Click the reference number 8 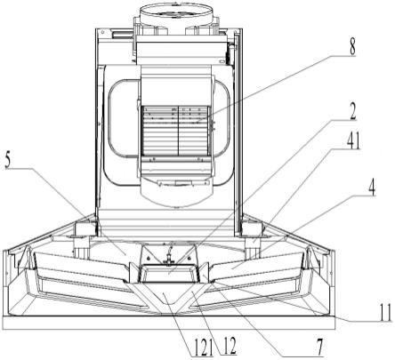click(x=352, y=46)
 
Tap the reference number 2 click(x=352, y=111)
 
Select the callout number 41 click(x=353, y=140)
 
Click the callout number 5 click(x=9, y=161)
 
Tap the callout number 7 click(x=319, y=346)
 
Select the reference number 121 click(x=203, y=347)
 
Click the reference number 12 click(x=230, y=346)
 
